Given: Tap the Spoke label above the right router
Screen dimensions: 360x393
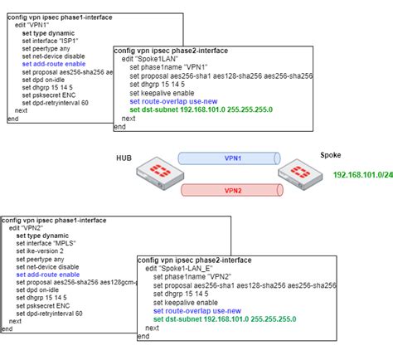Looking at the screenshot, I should pos(331,155).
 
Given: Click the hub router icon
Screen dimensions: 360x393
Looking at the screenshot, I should pos(154,176).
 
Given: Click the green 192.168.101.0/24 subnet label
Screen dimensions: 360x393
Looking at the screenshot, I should pos(362,174).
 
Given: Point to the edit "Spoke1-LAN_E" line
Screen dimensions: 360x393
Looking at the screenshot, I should pos(182,269).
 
